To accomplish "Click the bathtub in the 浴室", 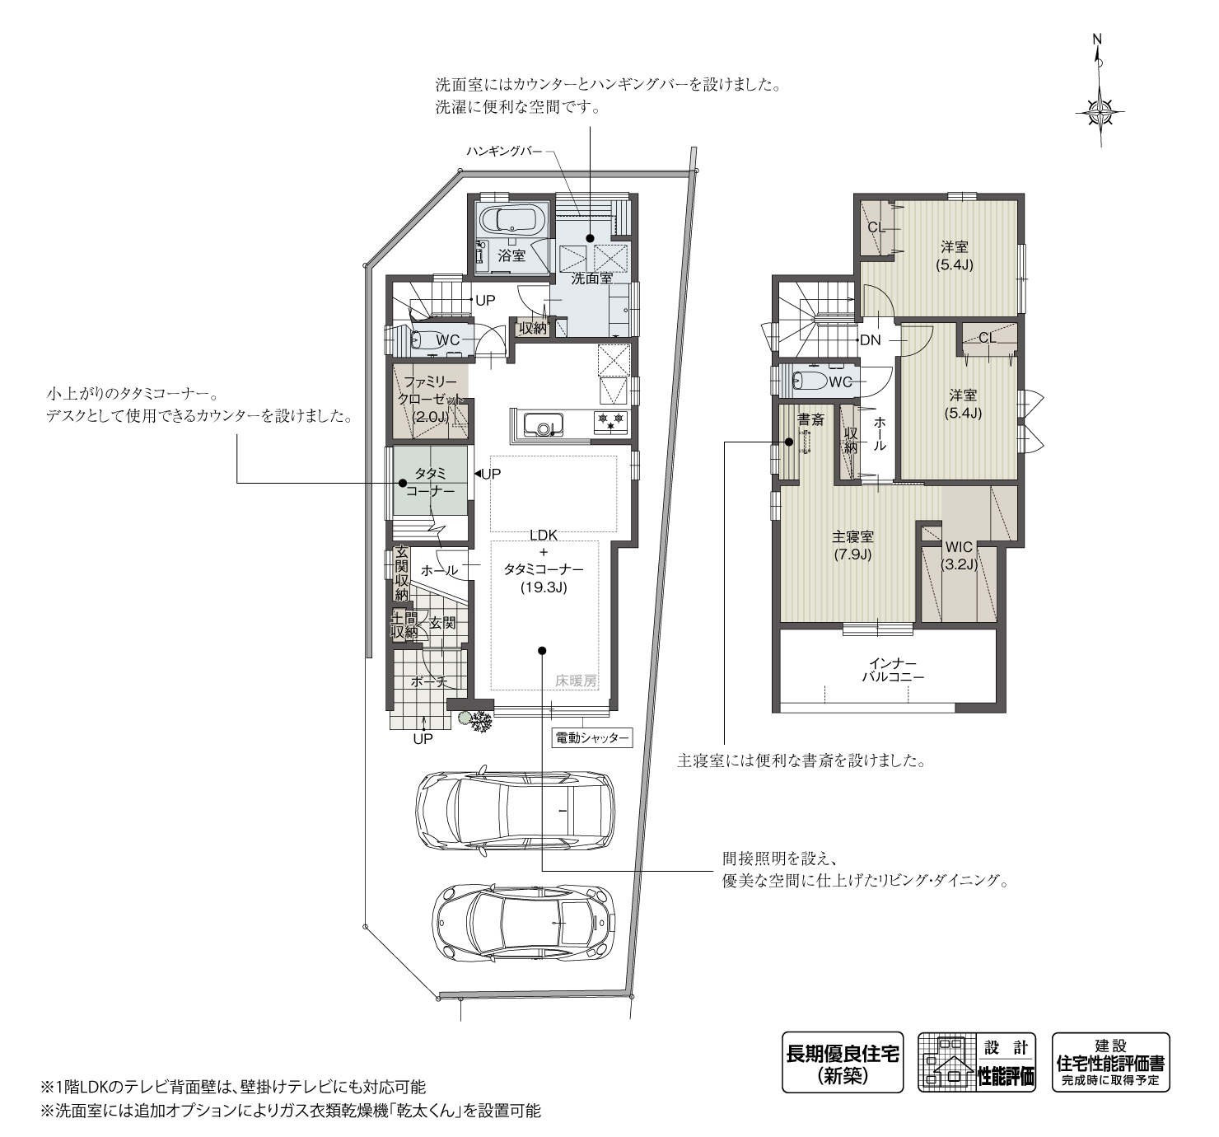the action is pyautogui.click(x=511, y=218).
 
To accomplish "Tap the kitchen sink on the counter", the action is pyautogui.click(x=541, y=423).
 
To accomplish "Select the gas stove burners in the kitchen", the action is pyautogui.click(x=610, y=421).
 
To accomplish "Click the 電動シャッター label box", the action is pyautogui.click(x=591, y=737).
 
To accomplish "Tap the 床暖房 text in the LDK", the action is pyautogui.click(x=575, y=681).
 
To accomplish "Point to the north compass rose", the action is pyautogui.click(x=1100, y=112).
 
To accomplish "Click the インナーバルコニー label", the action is pyautogui.click(x=893, y=670).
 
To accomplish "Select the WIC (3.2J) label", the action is pyautogui.click(x=960, y=555).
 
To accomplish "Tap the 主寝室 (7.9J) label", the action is pyautogui.click(x=852, y=545).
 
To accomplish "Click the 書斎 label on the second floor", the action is pyautogui.click(x=810, y=420).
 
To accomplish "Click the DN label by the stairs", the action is pyautogui.click(x=871, y=339).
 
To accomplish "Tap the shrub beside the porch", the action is pyautogui.click(x=476, y=721).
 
